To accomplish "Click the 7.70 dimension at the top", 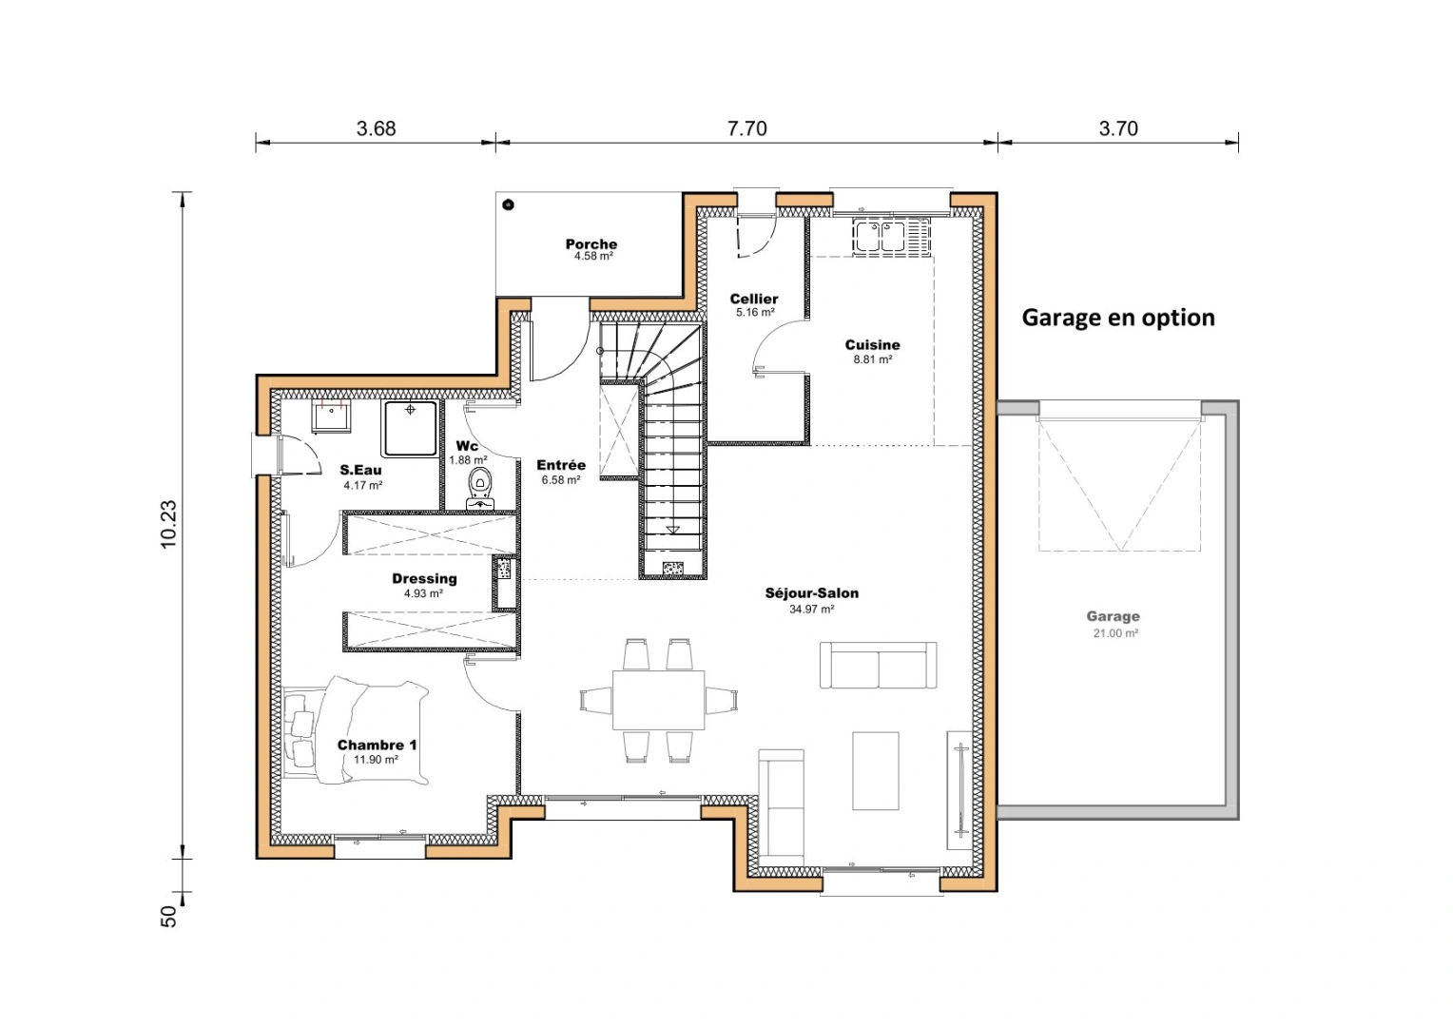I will point(746,128).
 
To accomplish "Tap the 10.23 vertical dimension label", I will point(168,524).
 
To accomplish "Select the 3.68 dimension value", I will point(376,128).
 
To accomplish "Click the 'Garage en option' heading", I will point(1117,318).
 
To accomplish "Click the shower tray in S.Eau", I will point(410,428).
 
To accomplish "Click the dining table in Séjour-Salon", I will point(658,700).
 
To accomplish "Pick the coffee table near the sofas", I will point(875,770).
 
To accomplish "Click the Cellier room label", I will point(754,299).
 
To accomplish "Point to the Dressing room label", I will point(424,578).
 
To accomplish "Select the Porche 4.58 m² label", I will point(591,249).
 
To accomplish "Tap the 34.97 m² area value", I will point(811,610).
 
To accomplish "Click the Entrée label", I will point(561,465).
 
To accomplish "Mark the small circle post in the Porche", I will point(509,204).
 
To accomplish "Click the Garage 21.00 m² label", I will point(1113,623).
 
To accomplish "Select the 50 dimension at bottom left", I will point(168,916).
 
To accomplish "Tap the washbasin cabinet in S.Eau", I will point(332,417).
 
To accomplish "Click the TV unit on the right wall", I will point(959,790).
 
